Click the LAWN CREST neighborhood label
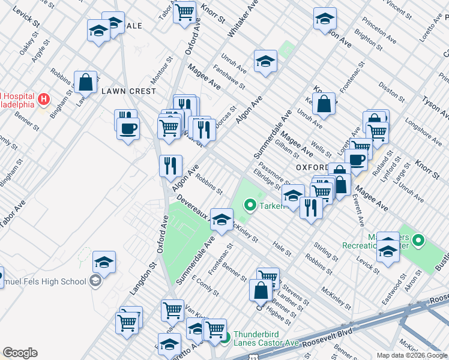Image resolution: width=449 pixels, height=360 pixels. click(128, 91)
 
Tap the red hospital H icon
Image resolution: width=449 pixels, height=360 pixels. click(43, 98)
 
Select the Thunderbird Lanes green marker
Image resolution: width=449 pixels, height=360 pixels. click(225, 338)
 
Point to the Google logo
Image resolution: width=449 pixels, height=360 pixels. click(20, 353)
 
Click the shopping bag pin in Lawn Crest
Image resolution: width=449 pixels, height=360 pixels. click(86, 82)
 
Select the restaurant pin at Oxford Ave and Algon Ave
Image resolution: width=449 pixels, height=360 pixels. click(170, 165)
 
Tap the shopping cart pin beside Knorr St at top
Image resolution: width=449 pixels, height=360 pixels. click(184, 11)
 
